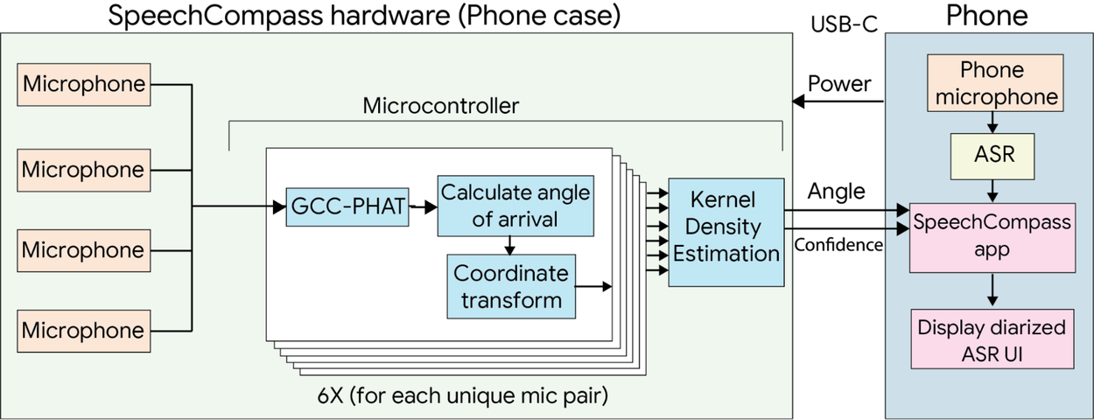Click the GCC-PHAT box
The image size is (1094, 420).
coord(347,206)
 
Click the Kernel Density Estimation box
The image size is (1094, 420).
coord(726,232)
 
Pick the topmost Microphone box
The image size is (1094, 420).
coord(83,85)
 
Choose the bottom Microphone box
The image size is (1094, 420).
coord(83,331)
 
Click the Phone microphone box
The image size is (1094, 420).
coord(991,84)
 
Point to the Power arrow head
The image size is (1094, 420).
coord(798,101)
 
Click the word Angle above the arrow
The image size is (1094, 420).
coord(836,191)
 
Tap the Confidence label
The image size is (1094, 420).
coord(838,245)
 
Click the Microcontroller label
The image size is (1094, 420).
coord(440,107)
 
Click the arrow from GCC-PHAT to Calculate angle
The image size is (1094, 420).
coord(424,207)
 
